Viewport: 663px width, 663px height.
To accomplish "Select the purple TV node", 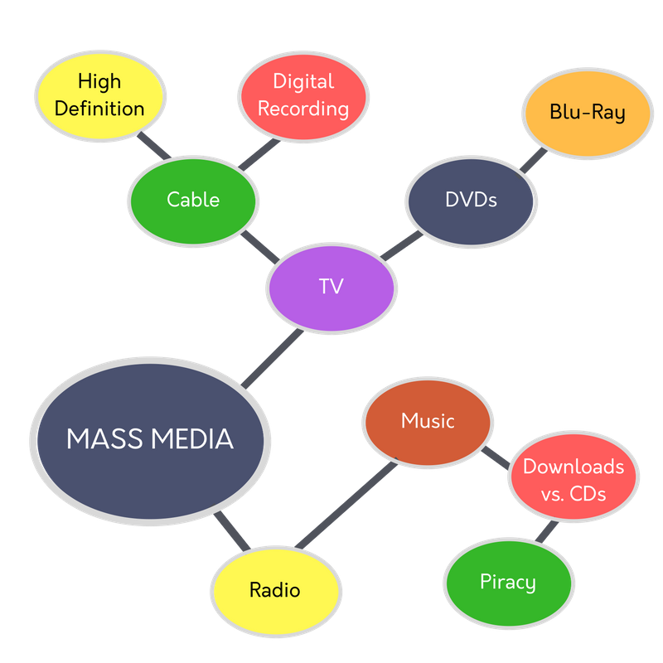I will (x=331, y=287).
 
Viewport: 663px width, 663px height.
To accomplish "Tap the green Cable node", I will (x=192, y=200).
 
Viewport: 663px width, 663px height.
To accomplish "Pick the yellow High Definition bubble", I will (x=99, y=94).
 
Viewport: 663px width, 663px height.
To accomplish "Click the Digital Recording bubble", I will (x=303, y=94).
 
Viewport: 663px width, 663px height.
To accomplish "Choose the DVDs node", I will (x=471, y=200).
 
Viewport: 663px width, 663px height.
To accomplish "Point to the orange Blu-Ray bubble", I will (x=587, y=113).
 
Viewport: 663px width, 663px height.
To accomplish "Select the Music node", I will (x=428, y=421).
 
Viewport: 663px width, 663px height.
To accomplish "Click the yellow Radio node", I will (x=275, y=590).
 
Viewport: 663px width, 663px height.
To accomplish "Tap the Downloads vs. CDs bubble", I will (x=573, y=480).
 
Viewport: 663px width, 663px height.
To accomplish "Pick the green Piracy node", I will (x=508, y=583).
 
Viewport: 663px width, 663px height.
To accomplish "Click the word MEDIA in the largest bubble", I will (x=190, y=438).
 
